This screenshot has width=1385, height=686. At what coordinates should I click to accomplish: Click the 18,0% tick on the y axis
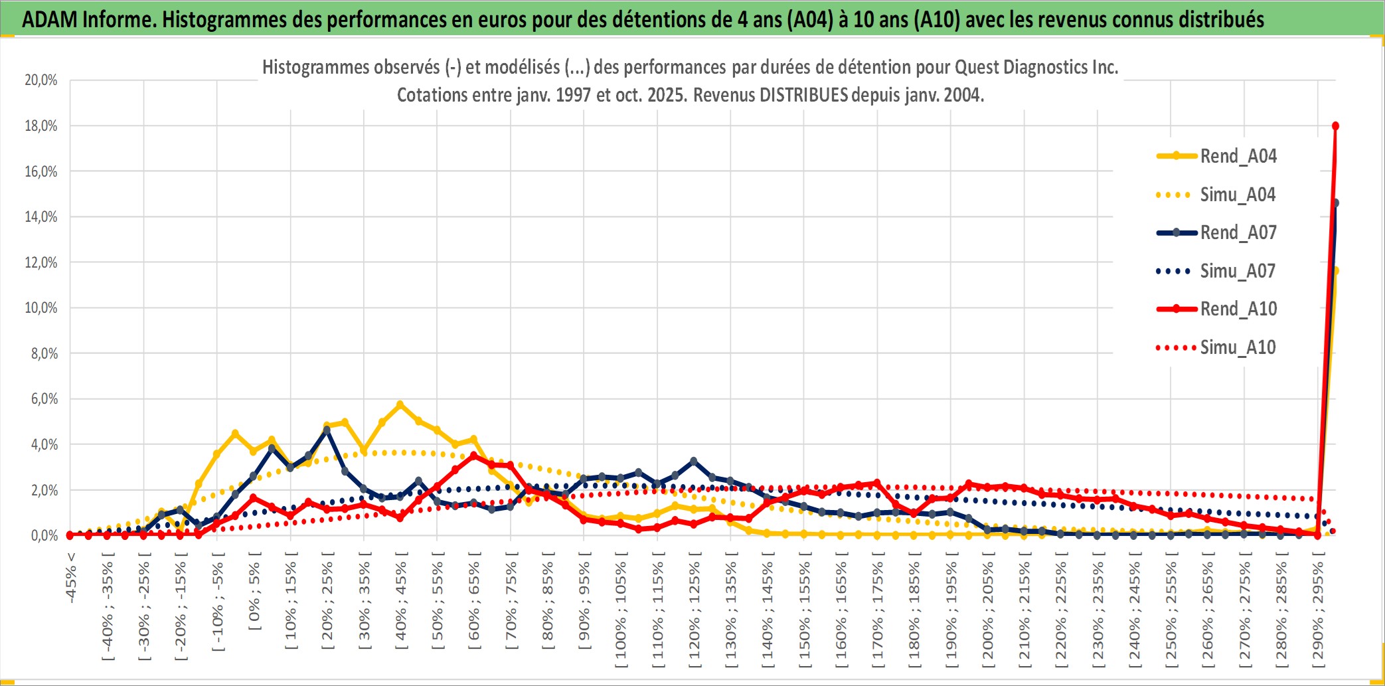[41, 126]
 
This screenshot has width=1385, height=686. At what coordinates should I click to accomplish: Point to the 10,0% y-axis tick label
[41, 308]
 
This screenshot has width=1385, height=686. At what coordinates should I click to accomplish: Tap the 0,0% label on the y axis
[44, 535]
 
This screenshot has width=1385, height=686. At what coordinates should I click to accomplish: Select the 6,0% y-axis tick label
[44, 399]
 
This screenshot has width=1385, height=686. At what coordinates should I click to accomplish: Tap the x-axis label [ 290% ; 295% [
[1318, 611]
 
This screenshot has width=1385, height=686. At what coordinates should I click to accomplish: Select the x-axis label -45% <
[71, 577]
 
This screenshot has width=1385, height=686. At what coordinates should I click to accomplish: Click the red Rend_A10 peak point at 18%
[1335, 126]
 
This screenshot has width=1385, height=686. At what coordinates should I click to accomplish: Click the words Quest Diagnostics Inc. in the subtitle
[1036, 67]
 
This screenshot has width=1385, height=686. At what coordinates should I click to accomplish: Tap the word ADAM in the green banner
[50, 19]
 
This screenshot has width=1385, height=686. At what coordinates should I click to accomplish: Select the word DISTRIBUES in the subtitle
[803, 95]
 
